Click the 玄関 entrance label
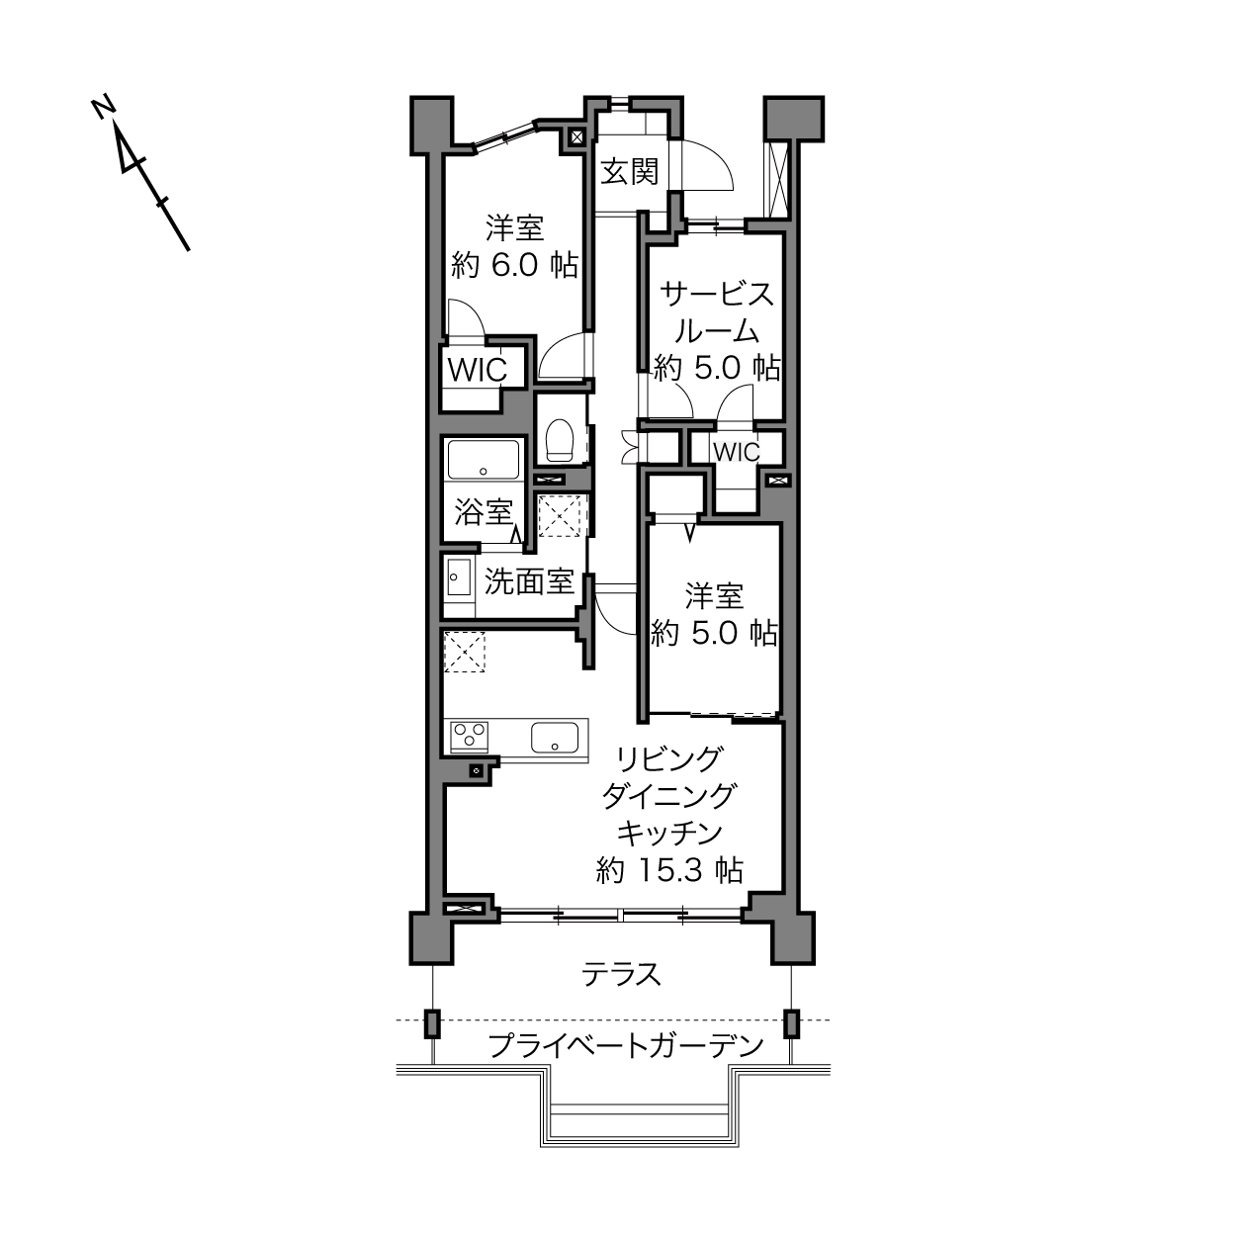(630, 172)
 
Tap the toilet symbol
(559, 440)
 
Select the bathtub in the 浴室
(484, 459)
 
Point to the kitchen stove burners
(470, 737)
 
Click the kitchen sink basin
(555, 737)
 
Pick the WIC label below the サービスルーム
(737, 452)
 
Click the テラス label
(621, 975)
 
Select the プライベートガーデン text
(626, 1046)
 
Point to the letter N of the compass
(104, 108)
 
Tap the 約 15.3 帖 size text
(668, 870)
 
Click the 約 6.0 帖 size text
(514, 265)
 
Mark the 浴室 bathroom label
(484, 512)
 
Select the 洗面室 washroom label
(528, 582)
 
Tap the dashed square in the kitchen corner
(465, 652)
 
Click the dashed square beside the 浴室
(559, 515)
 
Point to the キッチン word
(668, 834)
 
